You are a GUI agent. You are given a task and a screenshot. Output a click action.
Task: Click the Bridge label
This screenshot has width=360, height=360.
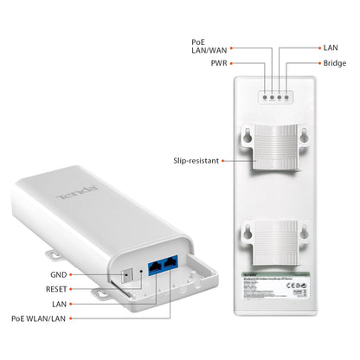coord(334,64)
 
